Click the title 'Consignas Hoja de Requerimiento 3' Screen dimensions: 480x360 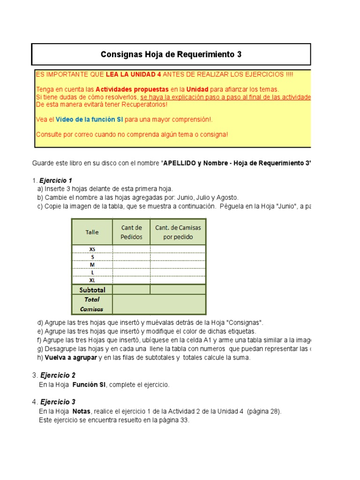click(x=171, y=54)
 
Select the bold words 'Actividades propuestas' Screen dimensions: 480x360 click(x=132, y=89)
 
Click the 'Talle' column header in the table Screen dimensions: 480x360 click(x=92, y=232)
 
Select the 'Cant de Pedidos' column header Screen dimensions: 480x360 click(x=131, y=232)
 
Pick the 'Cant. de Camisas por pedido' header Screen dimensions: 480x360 click(x=178, y=232)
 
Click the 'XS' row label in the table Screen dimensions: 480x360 click(x=92, y=249)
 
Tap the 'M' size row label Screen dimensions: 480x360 click(x=92, y=265)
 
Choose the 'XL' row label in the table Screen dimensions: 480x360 click(x=92, y=280)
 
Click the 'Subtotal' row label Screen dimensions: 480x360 click(x=92, y=290)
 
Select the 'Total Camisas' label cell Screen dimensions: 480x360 click(x=92, y=304)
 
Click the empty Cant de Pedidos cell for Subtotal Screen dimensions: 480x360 click(x=131, y=290)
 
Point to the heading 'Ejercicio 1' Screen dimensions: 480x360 click(x=56, y=180)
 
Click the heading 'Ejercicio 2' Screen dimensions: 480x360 click(x=58, y=375)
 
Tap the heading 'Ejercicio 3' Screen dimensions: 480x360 click(x=58, y=402)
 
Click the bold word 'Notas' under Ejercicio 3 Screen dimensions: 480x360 click(x=82, y=412)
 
